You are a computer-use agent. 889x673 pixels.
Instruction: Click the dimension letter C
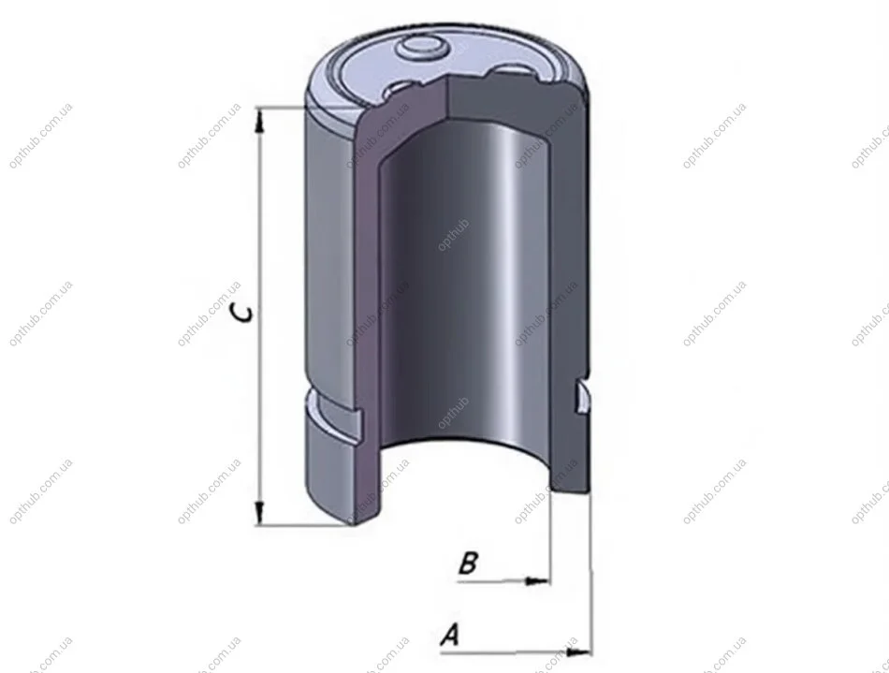(x=242, y=313)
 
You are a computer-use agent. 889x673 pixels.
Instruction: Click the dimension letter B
(x=468, y=563)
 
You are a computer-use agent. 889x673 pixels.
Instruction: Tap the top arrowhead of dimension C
(x=260, y=120)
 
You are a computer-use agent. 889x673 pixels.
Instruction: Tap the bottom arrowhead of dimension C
(x=259, y=513)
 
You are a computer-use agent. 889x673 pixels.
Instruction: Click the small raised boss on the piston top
(x=421, y=49)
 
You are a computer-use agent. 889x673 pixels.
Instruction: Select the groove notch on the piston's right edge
(x=583, y=397)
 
